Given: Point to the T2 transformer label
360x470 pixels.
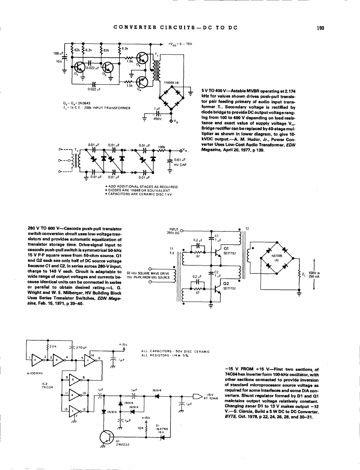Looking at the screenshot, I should [x=247, y=229].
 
